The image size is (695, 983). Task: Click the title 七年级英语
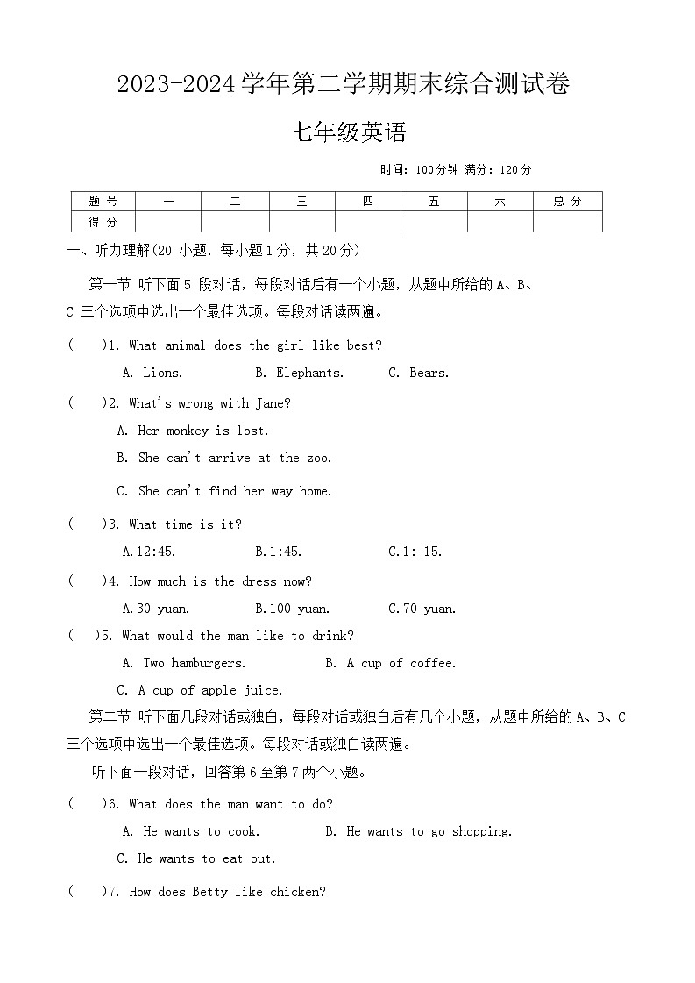pyautogui.click(x=348, y=133)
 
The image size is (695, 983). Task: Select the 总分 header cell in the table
pyautogui.click(x=567, y=202)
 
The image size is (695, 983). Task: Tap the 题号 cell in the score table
pyautogui.click(x=103, y=202)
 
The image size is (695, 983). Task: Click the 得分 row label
pyautogui.click(x=103, y=222)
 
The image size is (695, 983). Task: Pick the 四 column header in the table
pyautogui.click(x=368, y=202)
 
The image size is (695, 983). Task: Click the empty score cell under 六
pyautogui.click(x=500, y=222)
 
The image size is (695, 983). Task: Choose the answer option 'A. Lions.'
pyautogui.click(x=152, y=373)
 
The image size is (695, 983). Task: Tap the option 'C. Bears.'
pyautogui.click(x=418, y=373)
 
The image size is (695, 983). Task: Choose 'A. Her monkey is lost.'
pyautogui.click(x=193, y=431)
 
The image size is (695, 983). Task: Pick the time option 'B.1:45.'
pyautogui.click(x=278, y=552)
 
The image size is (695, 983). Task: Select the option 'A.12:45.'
pyautogui.click(x=149, y=552)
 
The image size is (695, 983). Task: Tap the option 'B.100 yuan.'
pyautogui.click(x=292, y=609)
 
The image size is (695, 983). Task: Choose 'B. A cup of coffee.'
pyautogui.click(x=390, y=663)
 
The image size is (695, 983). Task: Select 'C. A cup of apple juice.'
pyautogui.click(x=200, y=690)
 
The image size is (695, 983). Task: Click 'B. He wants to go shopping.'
pyautogui.click(x=418, y=831)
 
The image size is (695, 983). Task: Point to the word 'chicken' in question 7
pyautogui.click(x=297, y=892)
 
